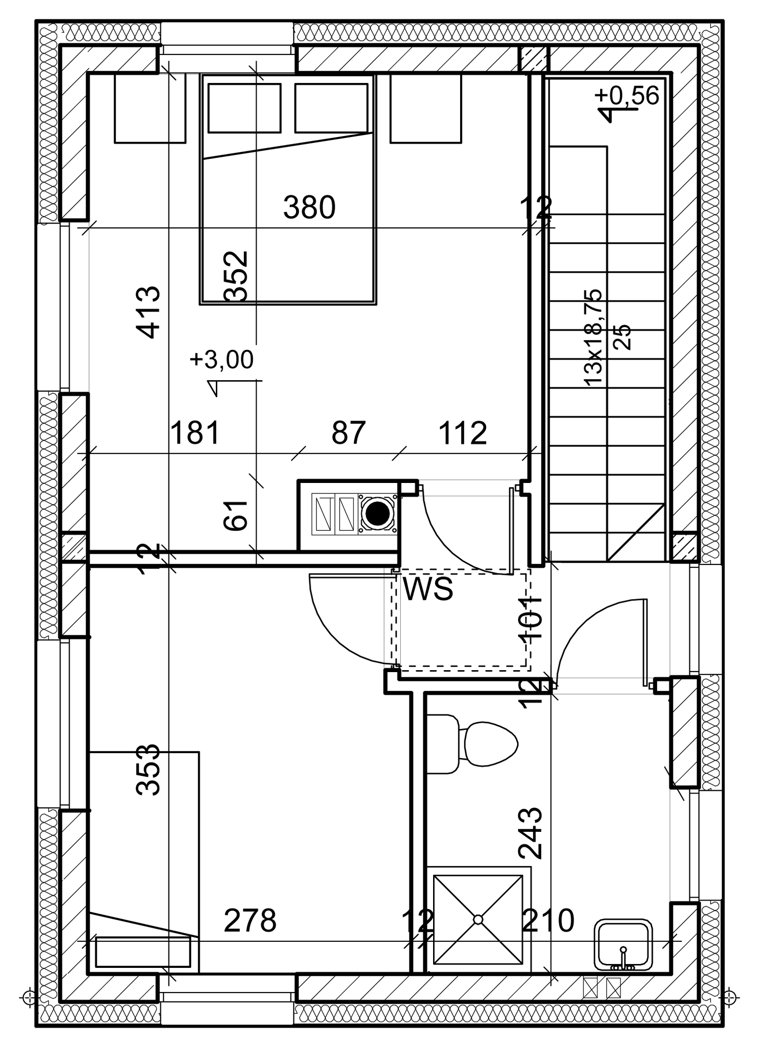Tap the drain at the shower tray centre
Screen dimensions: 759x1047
click(478, 920)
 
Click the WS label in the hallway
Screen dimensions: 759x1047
click(428, 588)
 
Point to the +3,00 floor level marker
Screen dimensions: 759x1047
click(222, 360)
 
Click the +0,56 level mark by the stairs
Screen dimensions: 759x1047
click(627, 96)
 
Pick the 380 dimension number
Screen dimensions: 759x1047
click(309, 208)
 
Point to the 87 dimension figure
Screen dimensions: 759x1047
click(349, 433)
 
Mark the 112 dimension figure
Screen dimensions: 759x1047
click(463, 433)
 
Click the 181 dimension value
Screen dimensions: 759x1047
click(195, 433)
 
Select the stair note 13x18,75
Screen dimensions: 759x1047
click(593, 337)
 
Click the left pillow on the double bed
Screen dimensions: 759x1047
click(244, 108)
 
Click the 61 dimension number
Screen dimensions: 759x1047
click(236, 515)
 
